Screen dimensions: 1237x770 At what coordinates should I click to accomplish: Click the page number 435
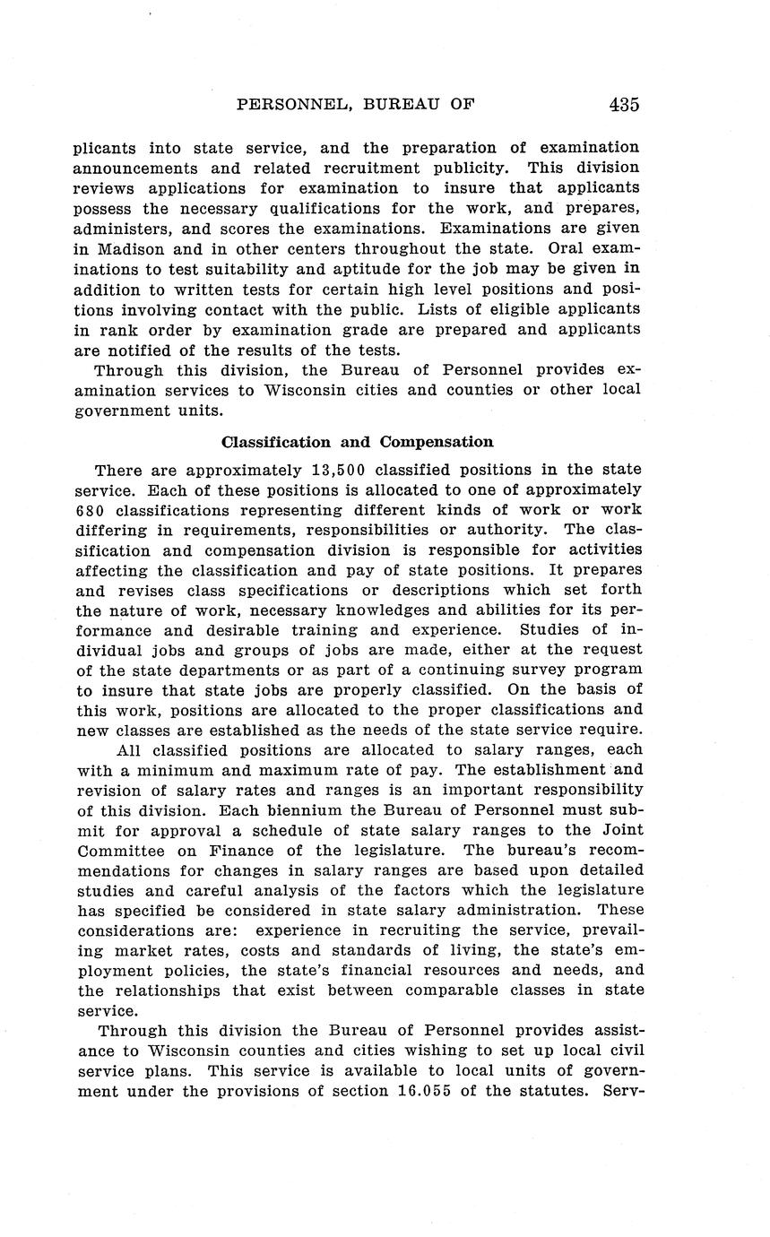pyautogui.click(x=624, y=104)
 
